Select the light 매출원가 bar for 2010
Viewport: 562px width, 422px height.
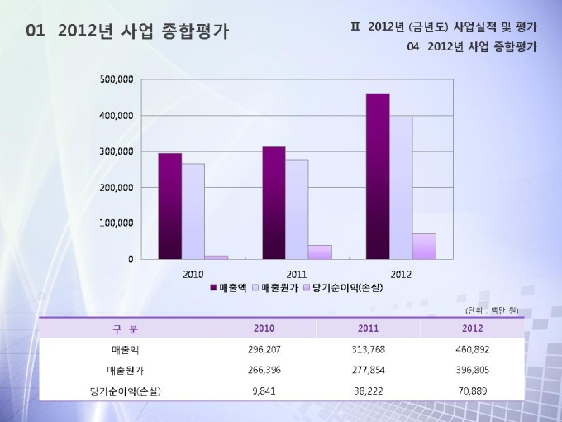(x=193, y=211)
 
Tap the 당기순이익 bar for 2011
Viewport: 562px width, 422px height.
(x=320, y=252)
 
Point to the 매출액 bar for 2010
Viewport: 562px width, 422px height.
(x=169, y=206)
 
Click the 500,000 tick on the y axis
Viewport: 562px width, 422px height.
(x=117, y=80)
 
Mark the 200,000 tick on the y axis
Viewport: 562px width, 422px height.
(x=117, y=188)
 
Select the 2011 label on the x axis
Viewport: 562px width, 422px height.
(x=297, y=273)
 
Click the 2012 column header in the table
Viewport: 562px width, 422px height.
(x=472, y=328)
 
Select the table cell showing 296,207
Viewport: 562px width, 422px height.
(x=264, y=349)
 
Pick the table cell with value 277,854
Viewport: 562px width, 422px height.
(x=368, y=370)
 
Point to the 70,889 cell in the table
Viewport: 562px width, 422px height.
(x=472, y=391)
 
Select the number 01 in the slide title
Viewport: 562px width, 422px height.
(x=35, y=31)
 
